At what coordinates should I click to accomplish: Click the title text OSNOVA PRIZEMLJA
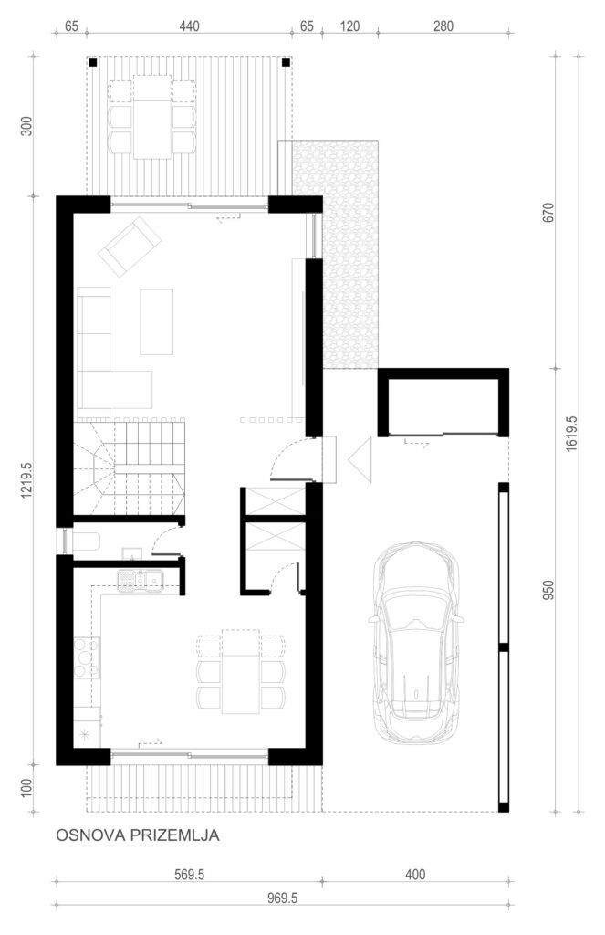click(138, 835)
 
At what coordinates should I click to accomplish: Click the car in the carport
click(416, 642)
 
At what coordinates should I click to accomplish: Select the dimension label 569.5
click(190, 875)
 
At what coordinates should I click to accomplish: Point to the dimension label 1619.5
click(571, 433)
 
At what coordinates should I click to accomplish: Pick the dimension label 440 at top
click(189, 26)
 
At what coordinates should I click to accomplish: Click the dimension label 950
click(549, 590)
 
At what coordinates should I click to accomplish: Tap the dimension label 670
click(549, 213)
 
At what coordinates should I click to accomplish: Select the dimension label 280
click(443, 26)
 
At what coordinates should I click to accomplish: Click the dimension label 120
click(349, 26)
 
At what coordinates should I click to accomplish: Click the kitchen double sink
click(139, 579)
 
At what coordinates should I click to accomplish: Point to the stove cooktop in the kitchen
click(87, 657)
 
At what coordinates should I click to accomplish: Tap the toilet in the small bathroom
click(87, 542)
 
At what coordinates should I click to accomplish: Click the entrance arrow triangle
click(360, 460)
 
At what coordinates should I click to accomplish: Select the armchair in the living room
click(130, 247)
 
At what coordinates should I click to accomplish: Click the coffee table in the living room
click(157, 321)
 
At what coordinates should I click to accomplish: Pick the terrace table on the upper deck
click(152, 116)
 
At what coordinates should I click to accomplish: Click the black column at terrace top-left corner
click(92, 62)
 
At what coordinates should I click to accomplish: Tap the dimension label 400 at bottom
click(415, 875)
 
